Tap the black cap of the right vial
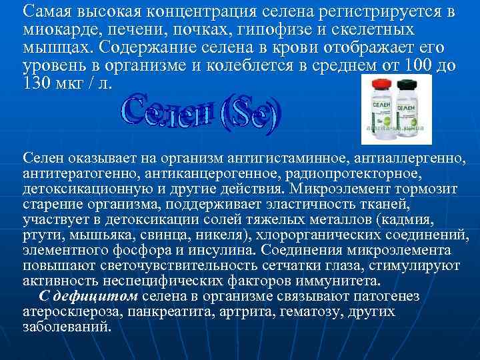405,85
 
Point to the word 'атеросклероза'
65,312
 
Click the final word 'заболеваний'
66,327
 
